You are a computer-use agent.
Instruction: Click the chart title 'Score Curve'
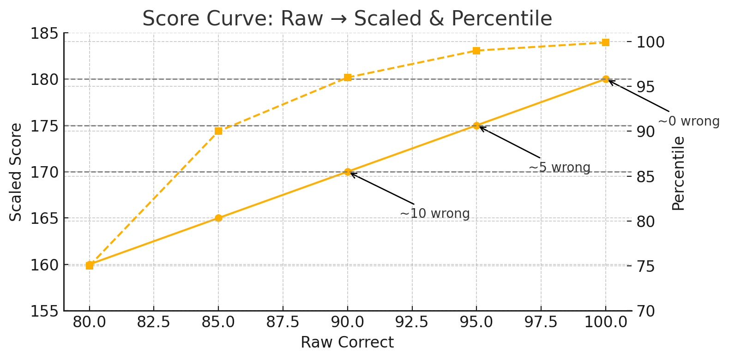(347, 19)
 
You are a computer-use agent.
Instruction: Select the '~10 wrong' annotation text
(434, 214)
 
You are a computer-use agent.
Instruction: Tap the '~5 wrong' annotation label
(559, 167)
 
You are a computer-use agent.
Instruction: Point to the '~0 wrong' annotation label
(688, 121)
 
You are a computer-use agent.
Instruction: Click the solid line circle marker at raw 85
(218, 218)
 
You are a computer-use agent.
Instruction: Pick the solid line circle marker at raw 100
(606, 79)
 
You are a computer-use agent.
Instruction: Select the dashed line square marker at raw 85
(218, 131)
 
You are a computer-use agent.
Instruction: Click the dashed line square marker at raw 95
(476, 51)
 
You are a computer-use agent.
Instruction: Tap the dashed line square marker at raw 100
(606, 42)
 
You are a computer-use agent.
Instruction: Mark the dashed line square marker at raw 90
(348, 78)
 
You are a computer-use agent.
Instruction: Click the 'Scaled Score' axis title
(16, 172)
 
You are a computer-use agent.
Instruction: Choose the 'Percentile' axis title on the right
(678, 174)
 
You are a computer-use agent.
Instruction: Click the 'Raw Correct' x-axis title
(347, 342)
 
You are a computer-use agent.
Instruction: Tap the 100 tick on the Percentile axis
(651, 42)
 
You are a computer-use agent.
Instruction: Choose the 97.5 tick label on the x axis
(541, 322)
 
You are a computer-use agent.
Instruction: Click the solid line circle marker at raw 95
(476, 126)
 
